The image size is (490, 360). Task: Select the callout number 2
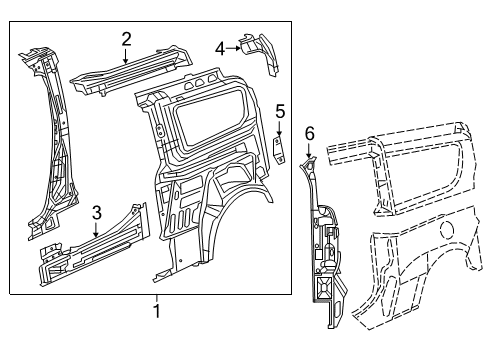pos(126,39)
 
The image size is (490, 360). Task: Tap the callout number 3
pos(96,211)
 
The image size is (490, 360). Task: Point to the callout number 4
pos(220,46)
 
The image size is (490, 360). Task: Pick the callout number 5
pos(281,111)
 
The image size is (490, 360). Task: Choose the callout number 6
pos(309,132)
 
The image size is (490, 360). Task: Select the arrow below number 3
pos(96,229)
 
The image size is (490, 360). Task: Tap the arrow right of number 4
pos(233,46)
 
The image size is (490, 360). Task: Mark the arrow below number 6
pos(309,150)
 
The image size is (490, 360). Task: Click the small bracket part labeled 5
pos(281,149)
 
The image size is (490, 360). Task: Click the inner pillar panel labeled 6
pos(322,230)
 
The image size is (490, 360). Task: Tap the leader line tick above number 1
pos(156,297)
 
